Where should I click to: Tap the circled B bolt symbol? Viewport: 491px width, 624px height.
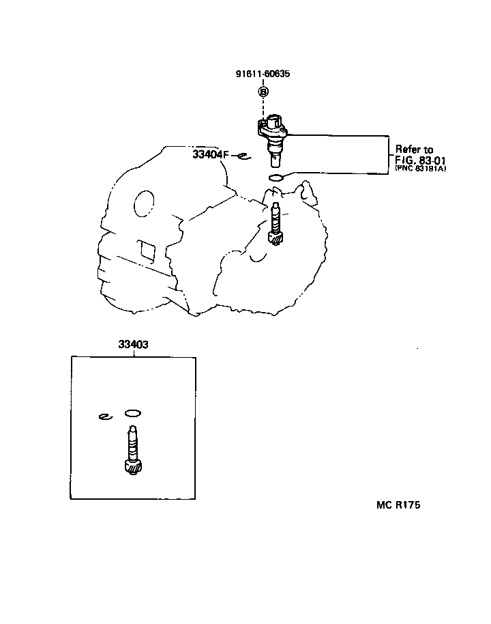[x=263, y=91]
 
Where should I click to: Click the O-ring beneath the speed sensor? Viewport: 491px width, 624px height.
[x=276, y=178]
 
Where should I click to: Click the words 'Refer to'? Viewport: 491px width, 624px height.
[x=415, y=150]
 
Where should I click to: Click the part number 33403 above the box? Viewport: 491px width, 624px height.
[x=133, y=345]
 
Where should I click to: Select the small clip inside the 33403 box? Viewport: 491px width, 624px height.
[x=104, y=416]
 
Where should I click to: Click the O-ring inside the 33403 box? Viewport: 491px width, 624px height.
[x=133, y=413]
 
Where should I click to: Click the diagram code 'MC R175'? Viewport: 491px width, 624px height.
[x=398, y=505]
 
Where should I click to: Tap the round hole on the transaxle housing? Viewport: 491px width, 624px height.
[x=145, y=203]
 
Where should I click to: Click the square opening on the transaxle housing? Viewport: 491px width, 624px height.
[x=145, y=249]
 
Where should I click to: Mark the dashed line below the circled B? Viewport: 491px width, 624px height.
[x=263, y=108]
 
